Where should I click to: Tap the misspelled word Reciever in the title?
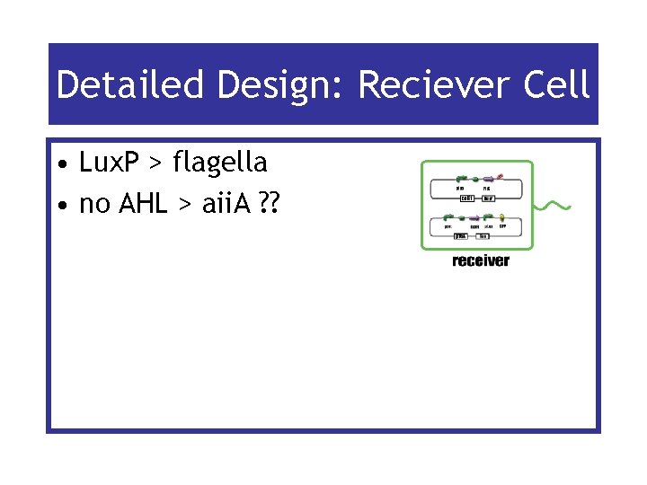coord(423,86)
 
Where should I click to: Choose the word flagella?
coord(220,163)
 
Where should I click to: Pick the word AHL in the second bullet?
coord(137,204)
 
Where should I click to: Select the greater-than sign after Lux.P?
coord(156,164)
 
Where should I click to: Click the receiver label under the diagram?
coord(480,261)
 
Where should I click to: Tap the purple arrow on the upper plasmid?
coord(489,180)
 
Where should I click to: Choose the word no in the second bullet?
coord(91,206)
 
